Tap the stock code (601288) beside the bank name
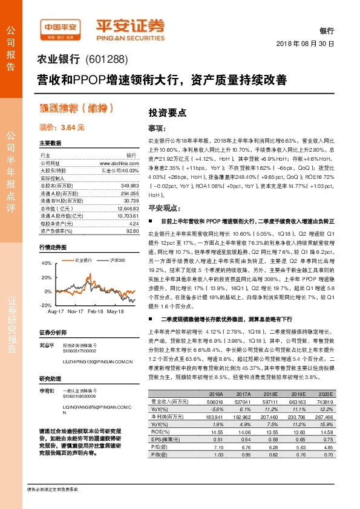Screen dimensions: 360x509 click(x=107, y=59)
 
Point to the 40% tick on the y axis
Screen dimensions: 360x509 click(x=47, y=264)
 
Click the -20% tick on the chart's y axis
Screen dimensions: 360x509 click(x=46, y=305)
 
